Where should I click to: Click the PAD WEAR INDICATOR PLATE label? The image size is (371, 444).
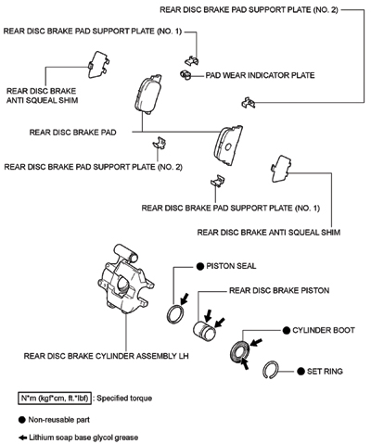click(x=260, y=75)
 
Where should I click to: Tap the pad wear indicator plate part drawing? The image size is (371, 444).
click(x=185, y=74)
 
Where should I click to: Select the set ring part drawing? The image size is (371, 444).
click(x=271, y=370)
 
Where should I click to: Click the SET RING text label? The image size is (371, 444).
click(x=325, y=372)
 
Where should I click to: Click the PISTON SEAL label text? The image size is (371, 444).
click(x=231, y=266)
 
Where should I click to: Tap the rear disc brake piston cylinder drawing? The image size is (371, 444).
click(x=204, y=331)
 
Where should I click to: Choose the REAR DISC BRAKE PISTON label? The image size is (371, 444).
click(x=279, y=291)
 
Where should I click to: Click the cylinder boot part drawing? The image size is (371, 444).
click(x=240, y=351)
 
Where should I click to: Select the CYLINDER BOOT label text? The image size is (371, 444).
click(x=324, y=330)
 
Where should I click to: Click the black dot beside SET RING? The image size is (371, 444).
click(x=301, y=372)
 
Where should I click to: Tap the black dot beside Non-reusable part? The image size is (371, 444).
click(x=22, y=420)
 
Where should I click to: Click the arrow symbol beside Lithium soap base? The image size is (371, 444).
click(x=22, y=438)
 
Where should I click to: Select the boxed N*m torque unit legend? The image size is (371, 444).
click(x=55, y=398)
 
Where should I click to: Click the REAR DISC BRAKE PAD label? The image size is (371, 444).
click(x=72, y=133)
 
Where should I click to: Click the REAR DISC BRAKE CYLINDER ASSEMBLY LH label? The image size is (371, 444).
click(x=106, y=356)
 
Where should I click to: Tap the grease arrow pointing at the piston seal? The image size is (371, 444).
click(x=185, y=298)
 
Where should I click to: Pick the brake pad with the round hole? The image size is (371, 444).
click(x=229, y=146)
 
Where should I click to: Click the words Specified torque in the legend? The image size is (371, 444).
click(x=124, y=398)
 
